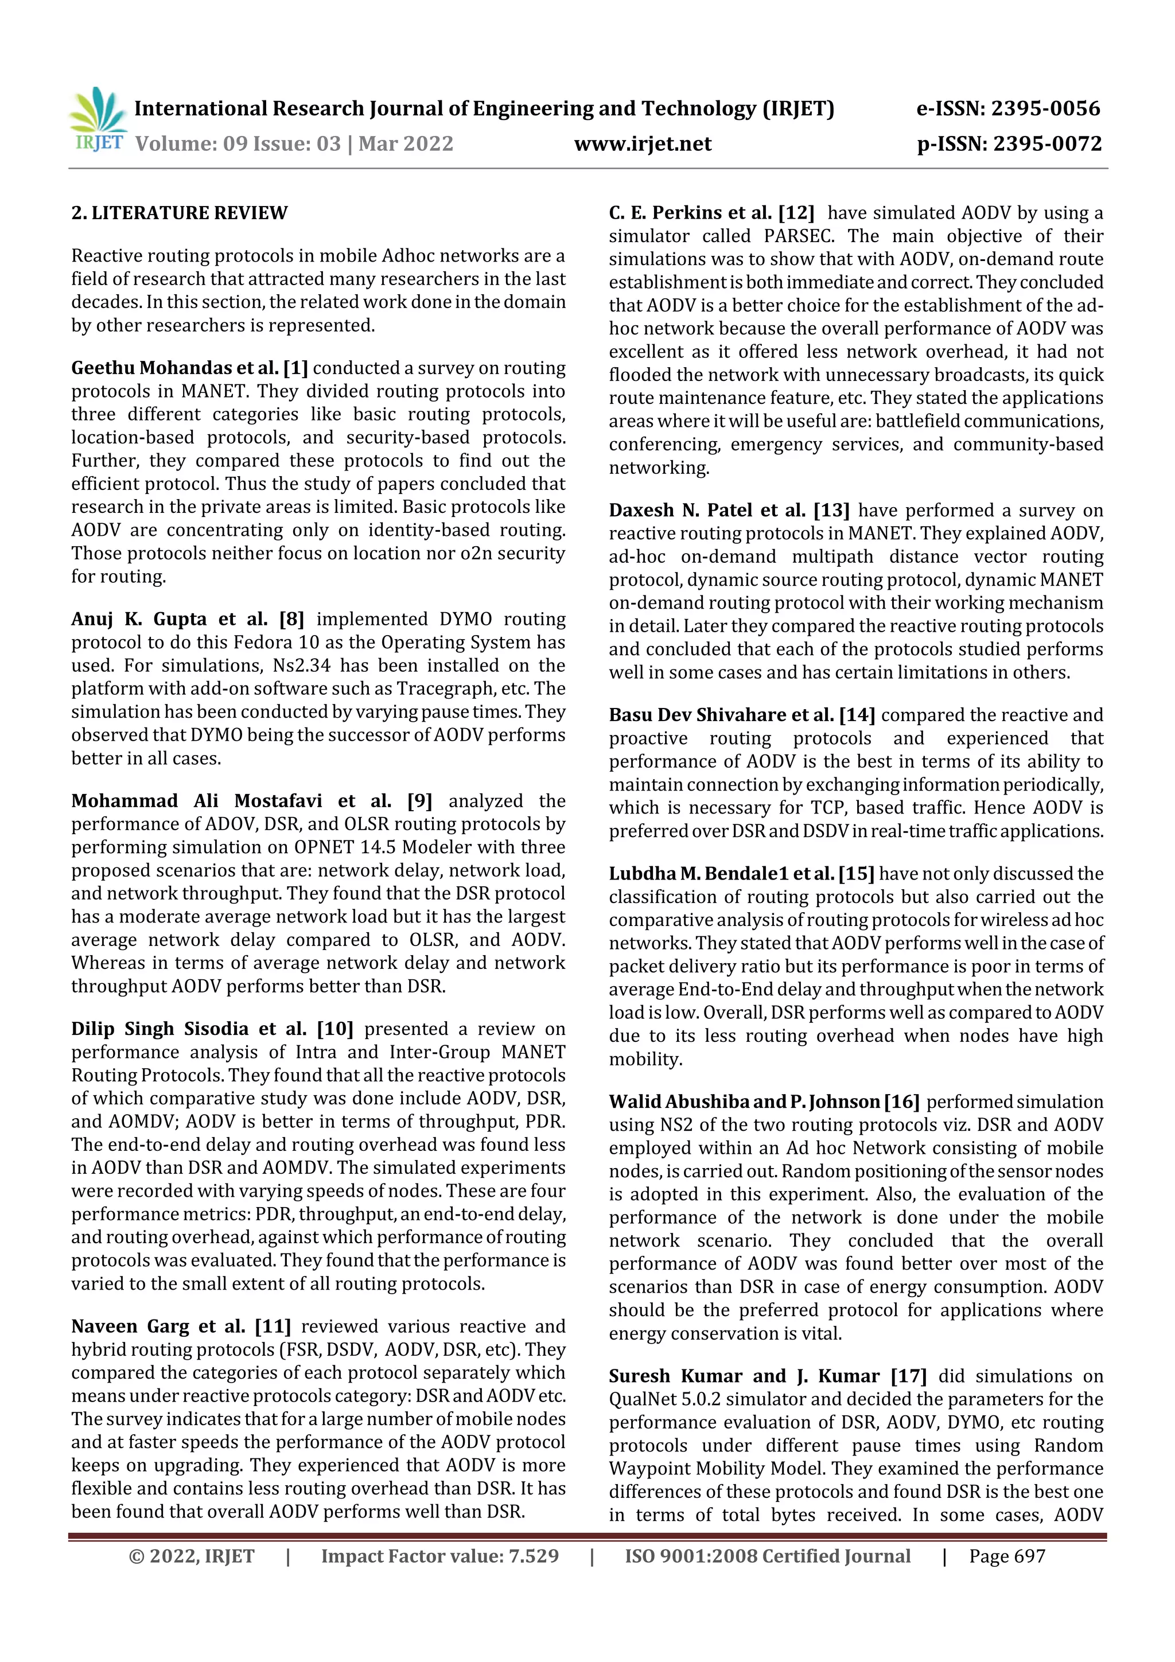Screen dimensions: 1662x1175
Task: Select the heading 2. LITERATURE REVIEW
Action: [179, 213]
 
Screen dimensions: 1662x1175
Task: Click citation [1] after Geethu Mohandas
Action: [295, 368]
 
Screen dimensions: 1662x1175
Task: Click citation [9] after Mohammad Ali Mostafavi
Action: [419, 801]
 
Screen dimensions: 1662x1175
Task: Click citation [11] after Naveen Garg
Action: [273, 1326]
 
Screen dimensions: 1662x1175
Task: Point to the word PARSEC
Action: [799, 236]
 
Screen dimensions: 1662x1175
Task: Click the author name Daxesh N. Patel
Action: [707, 511]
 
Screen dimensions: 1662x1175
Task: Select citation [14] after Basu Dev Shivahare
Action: [857, 715]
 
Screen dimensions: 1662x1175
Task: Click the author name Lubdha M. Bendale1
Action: [721, 874]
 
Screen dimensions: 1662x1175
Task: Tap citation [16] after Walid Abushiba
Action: [901, 1101]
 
